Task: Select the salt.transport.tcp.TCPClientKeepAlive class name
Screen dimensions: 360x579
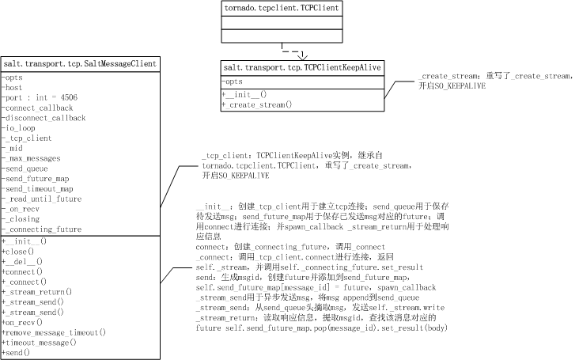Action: point(302,68)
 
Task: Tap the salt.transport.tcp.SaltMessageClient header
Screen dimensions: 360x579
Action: point(80,63)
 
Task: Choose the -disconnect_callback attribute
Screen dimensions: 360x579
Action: point(44,118)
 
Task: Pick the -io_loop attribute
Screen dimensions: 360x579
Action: point(20,128)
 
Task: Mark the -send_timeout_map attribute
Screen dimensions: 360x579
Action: point(38,189)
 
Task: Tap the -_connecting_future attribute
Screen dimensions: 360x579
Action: point(41,229)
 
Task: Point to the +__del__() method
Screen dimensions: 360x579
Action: point(22,261)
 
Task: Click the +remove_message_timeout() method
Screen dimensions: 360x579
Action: point(53,332)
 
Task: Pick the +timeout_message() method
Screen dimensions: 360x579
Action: point(39,343)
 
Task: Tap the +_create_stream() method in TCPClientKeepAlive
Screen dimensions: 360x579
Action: point(257,104)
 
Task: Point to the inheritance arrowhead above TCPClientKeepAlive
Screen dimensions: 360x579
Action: point(301,56)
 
